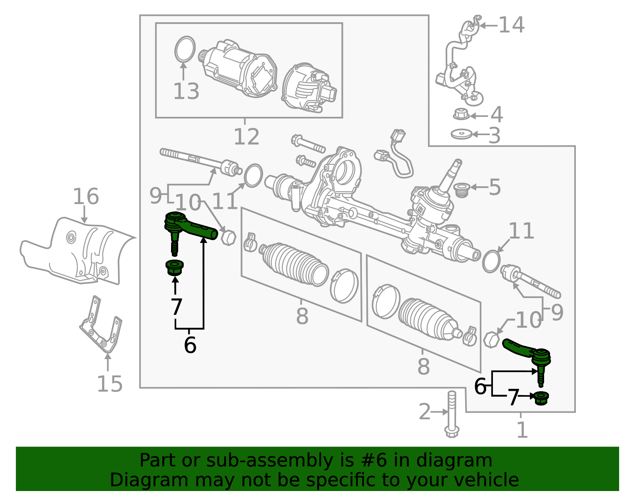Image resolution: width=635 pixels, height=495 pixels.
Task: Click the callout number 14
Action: (x=512, y=25)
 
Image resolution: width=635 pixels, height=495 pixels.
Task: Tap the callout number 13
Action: (x=186, y=91)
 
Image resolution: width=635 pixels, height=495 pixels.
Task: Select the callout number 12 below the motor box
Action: (x=246, y=136)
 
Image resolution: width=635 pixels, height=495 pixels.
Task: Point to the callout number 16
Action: (x=86, y=196)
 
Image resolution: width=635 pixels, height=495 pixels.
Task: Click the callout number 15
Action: (x=110, y=384)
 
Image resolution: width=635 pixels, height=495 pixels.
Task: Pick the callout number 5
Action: (x=495, y=187)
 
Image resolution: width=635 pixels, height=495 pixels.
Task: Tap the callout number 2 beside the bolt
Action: (x=425, y=412)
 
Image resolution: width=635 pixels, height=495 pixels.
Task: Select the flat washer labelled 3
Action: (x=461, y=134)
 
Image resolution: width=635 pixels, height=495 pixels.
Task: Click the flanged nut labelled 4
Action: (x=461, y=114)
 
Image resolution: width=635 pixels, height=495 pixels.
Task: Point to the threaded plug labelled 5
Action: (x=462, y=190)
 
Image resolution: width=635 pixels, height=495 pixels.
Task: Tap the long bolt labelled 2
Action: (x=452, y=414)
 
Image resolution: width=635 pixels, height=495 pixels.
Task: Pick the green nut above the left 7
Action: (x=175, y=268)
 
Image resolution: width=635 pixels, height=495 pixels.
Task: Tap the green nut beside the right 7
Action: (x=541, y=398)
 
